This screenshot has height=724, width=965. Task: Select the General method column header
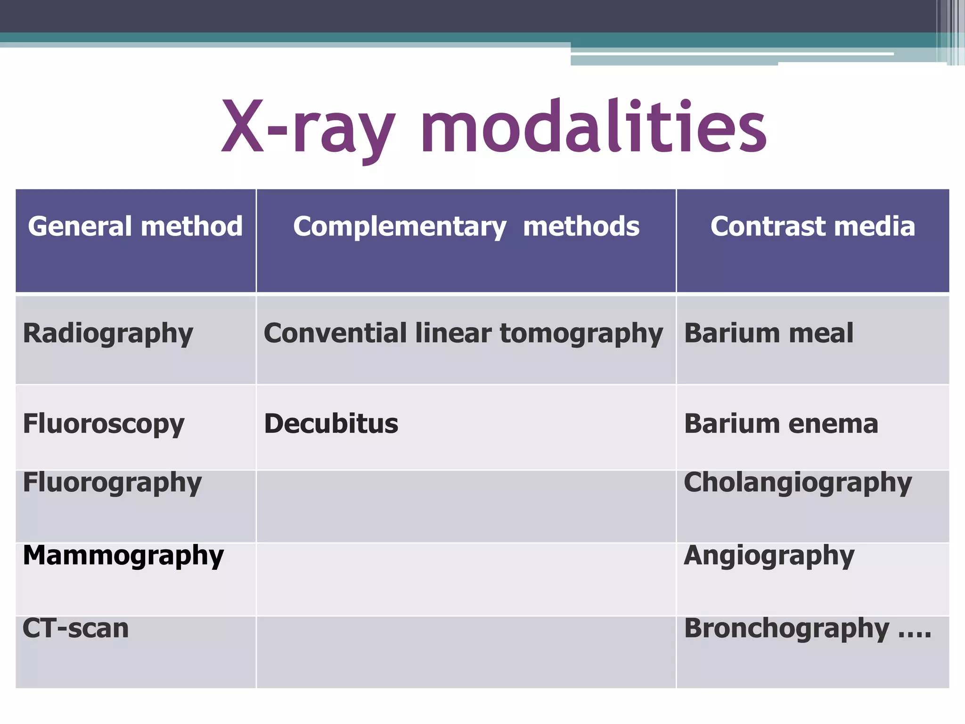click(135, 226)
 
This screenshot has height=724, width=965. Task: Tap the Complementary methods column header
click(466, 226)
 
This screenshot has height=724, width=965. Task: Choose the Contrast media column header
click(812, 226)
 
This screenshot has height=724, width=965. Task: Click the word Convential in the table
click(335, 333)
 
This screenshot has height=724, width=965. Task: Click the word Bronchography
click(786, 629)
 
